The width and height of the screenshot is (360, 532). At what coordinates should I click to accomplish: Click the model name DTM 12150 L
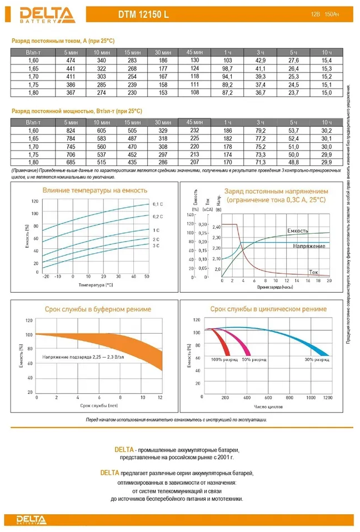coord(143,16)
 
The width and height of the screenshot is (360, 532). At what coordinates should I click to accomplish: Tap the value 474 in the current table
coord(71,60)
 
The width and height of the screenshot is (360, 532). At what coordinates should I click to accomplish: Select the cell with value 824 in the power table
coord(71,129)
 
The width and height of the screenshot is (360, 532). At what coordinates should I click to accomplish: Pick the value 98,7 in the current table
coord(227,68)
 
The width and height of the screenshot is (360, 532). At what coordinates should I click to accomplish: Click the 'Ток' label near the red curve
coord(313,272)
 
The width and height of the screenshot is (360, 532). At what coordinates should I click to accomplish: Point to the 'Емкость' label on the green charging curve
coord(298,230)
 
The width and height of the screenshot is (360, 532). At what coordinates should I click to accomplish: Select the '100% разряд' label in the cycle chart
coord(224,359)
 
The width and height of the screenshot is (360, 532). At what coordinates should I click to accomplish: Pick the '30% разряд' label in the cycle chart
coord(317,359)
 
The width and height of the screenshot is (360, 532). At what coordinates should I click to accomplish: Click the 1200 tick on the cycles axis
coord(328,398)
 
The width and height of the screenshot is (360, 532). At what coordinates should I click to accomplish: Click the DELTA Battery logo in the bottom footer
coord(32,520)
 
